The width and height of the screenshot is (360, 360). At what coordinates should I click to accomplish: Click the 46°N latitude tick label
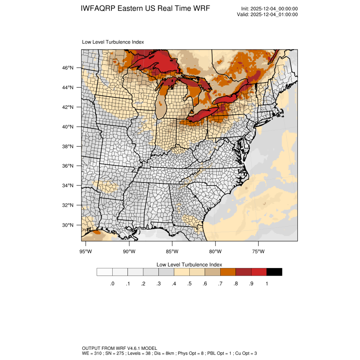[69, 68]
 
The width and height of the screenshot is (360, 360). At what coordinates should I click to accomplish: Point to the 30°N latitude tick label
[69, 225]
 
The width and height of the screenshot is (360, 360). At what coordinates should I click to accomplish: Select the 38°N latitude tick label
[69, 147]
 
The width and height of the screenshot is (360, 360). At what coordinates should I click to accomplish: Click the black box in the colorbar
[274, 272]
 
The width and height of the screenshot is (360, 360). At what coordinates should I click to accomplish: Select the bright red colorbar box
[259, 272]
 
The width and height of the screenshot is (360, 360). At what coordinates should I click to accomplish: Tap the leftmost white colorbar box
[105, 272]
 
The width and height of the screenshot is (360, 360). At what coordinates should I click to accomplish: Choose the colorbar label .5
[189, 284]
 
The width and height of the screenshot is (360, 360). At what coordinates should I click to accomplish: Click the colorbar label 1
[267, 284]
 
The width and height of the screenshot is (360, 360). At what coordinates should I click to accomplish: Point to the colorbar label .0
[112, 284]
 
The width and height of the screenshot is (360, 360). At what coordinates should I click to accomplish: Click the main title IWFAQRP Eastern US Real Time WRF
[145, 9]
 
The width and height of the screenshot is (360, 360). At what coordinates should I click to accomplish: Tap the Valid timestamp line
[267, 14]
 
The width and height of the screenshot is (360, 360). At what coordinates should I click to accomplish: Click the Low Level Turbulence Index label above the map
[113, 42]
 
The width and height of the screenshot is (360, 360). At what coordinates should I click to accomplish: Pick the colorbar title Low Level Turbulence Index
[189, 264]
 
